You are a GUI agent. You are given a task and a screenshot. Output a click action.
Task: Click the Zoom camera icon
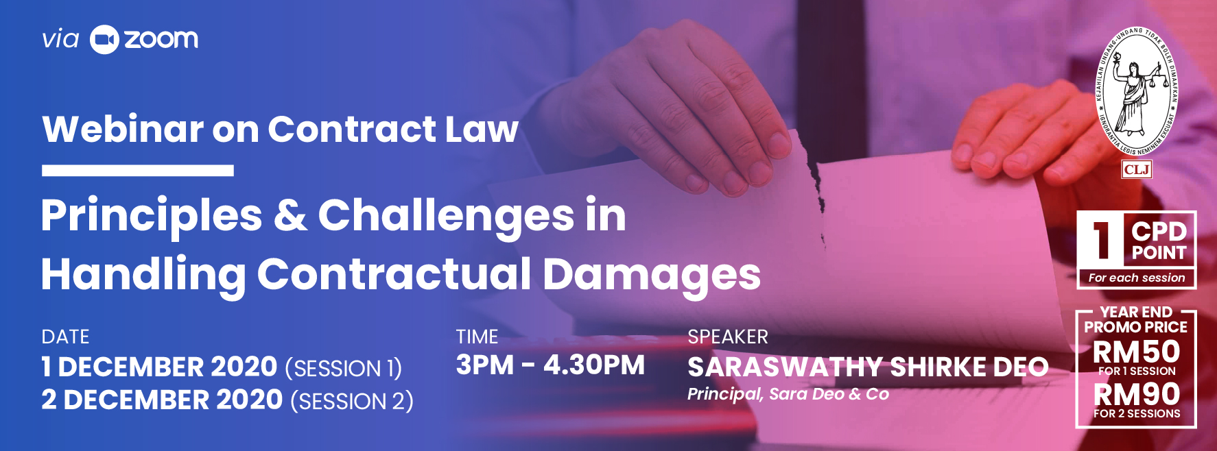pos(104,40)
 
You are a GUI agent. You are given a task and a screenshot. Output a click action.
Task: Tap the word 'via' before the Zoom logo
pos(60,39)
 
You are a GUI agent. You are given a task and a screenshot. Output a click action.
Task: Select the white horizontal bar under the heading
pos(138,171)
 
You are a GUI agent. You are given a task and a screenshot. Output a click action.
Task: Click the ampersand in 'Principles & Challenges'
pos(291,215)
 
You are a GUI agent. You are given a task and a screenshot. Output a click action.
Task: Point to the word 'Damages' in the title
pos(652,274)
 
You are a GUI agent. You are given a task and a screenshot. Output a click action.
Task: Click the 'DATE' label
pos(65,337)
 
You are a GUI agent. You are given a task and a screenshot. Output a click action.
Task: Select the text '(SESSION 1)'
pos(344,369)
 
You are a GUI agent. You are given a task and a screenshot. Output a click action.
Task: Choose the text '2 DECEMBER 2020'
pos(162,400)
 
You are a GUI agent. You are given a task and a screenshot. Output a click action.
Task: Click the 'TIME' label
pos(477,337)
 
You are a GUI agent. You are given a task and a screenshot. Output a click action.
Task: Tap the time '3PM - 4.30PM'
pos(550,365)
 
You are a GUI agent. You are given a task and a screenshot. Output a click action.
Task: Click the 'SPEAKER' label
pos(728,337)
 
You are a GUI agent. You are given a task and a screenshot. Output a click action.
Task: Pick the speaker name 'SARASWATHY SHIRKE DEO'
pos(869,367)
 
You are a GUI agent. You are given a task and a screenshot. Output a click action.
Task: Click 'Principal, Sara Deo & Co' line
pos(788,394)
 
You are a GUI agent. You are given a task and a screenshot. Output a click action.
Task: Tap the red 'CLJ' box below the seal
pos(1137,169)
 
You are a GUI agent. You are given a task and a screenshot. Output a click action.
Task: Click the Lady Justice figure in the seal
pos(1133,93)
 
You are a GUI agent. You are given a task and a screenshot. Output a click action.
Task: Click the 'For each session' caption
pos(1137,278)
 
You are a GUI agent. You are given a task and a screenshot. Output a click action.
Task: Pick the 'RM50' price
pos(1136,352)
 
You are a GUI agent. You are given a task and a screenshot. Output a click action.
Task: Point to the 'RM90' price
pos(1136,394)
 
